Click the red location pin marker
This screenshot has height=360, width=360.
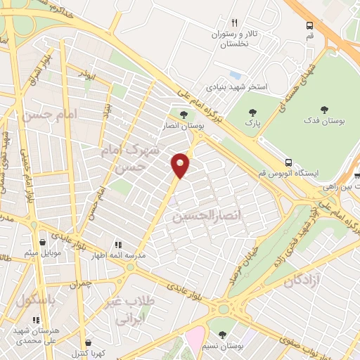click(181, 165)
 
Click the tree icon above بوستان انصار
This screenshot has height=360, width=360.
click(184, 115)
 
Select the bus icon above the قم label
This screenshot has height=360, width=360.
click(309, 25)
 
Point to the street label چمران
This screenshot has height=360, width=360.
click(82, 284)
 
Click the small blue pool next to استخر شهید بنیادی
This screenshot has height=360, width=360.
click(235, 74)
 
